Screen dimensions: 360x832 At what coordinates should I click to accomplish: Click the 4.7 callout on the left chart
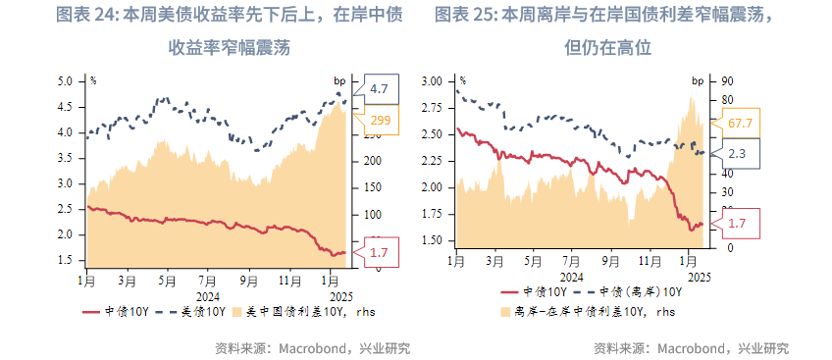coord(380,88)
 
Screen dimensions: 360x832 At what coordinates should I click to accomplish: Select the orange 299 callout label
coord(380,121)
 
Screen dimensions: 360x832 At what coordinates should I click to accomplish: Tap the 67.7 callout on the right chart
coord(741,123)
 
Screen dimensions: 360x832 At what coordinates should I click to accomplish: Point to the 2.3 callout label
coord(739,154)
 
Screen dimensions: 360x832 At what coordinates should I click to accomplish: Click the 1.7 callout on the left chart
coord(380,253)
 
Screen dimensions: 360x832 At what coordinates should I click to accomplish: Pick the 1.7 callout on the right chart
coord(739,224)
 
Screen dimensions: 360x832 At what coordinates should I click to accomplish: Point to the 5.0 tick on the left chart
coord(65,80)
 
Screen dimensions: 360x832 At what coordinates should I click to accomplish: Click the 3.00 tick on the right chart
coord(432,82)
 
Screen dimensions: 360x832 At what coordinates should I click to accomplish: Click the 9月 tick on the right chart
coord(610,262)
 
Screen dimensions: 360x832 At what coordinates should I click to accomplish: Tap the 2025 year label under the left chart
coord(340,295)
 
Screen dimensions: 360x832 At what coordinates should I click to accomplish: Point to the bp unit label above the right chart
coord(698,80)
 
